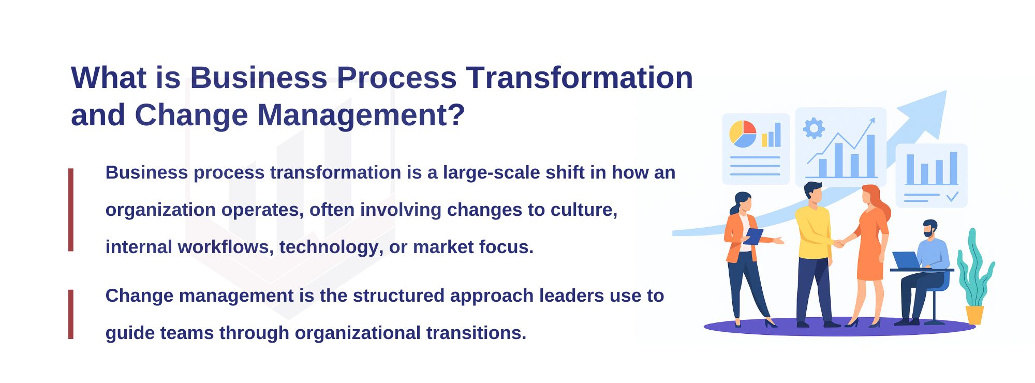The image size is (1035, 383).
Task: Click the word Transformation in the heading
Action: [x=580, y=78]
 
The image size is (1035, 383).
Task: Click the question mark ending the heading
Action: [x=457, y=114]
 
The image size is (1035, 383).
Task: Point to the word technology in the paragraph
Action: [x=331, y=247]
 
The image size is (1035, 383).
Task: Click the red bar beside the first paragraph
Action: [x=71, y=210]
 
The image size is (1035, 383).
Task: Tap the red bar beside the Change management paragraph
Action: [x=71, y=314]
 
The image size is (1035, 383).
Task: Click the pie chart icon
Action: [x=743, y=134]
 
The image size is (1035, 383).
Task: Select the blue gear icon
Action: [x=814, y=128]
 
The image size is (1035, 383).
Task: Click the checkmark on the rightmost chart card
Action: [x=952, y=197]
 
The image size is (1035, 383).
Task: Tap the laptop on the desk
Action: [x=907, y=260]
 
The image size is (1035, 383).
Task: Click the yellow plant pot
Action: [x=974, y=315]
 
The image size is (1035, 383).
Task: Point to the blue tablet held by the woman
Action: [x=753, y=237]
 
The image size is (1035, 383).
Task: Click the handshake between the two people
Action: [x=839, y=243]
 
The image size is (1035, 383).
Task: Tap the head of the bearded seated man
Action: [x=930, y=228]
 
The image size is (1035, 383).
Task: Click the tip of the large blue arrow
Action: [x=947, y=91]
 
